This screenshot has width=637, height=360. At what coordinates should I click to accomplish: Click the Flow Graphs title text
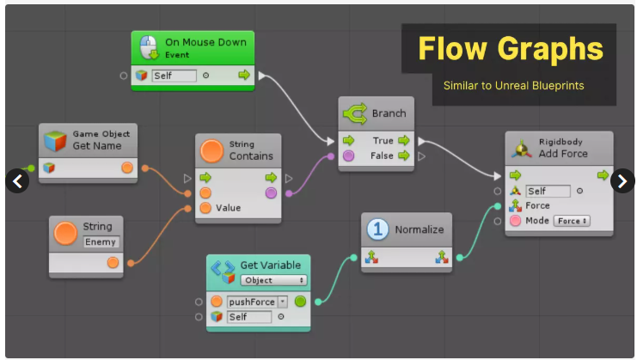(x=511, y=48)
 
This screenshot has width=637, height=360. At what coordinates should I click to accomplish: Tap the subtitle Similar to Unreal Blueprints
(x=513, y=85)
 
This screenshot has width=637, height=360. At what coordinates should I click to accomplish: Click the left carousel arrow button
(x=18, y=180)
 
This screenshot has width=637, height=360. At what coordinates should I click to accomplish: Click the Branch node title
(x=388, y=113)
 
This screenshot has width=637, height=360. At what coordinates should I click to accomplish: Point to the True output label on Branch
(x=383, y=140)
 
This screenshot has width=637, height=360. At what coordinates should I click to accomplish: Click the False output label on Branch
(x=382, y=156)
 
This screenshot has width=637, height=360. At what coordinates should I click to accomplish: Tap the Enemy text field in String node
(x=100, y=242)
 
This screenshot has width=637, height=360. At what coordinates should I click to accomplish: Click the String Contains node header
(x=250, y=150)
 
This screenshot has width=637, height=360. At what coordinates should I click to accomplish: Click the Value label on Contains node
(x=228, y=207)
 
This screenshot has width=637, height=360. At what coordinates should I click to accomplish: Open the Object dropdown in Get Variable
(x=273, y=280)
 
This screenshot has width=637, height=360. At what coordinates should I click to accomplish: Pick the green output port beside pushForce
(x=300, y=302)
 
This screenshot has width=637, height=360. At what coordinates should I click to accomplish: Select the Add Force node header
(x=563, y=148)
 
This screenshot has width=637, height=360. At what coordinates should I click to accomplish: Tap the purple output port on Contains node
(x=272, y=193)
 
